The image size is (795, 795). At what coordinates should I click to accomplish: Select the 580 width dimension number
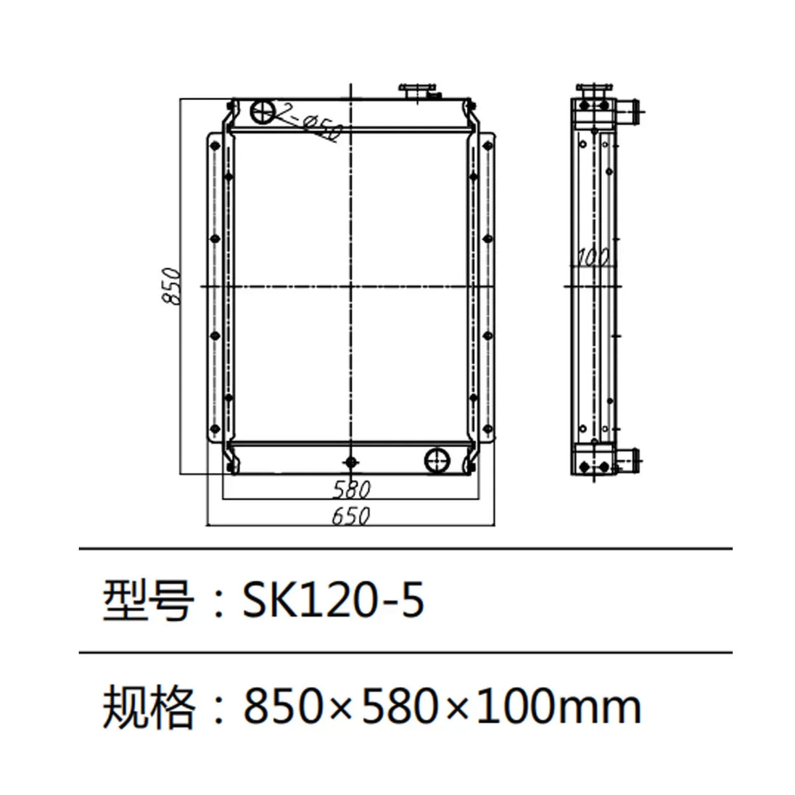click(352, 490)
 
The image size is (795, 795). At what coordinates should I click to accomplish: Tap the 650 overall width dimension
click(352, 516)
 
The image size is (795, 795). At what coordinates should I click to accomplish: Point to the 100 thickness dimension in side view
click(593, 257)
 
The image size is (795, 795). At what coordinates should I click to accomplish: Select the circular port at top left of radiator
click(262, 112)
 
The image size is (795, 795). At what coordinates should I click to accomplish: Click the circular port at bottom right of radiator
click(437, 460)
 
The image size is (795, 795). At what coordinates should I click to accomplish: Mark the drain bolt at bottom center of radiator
click(352, 462)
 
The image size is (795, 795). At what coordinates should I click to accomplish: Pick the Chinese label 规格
click(147, 706)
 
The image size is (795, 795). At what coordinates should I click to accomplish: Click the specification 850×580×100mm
click(442, 706)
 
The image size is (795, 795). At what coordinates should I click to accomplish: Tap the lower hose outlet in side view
click(630, 459)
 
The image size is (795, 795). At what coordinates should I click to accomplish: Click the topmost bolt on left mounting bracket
click(214, 147)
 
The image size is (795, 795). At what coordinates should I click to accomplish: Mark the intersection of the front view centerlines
click(352, 287)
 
